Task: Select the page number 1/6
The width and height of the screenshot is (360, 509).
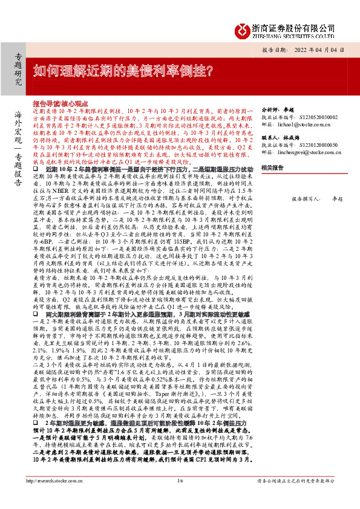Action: pyautogui.click(x=180, y=498)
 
